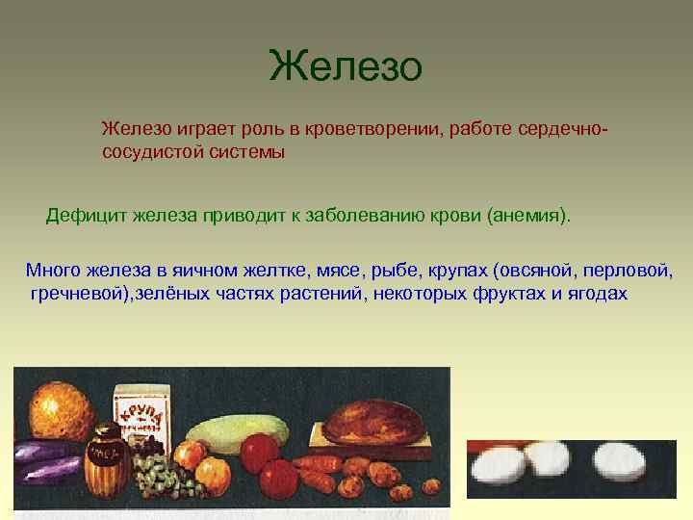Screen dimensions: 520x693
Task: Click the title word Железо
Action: click(346, 67)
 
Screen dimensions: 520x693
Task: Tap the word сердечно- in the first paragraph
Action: click(564, 129)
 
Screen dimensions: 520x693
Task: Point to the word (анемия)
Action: click(528, 214)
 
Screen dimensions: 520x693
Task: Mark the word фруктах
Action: click(509, 294)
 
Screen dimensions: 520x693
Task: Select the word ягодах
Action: click(594, 294)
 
